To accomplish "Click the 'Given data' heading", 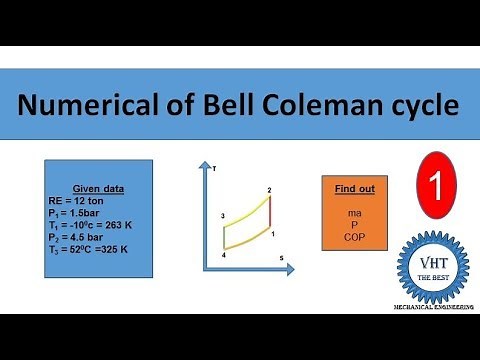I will (97, 188).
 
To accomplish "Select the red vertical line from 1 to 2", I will (271, 215).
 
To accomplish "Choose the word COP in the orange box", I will (354, 238).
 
